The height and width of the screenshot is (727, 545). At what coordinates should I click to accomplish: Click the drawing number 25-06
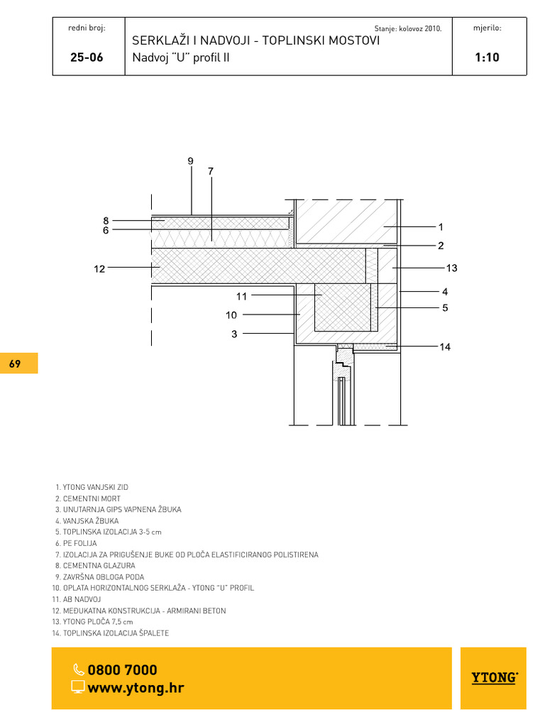pos(87,57)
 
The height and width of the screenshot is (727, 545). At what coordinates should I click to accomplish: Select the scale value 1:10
pos(487,57)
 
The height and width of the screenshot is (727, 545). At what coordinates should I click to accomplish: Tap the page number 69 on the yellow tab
pos(15,363)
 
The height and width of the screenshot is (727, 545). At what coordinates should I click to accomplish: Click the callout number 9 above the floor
pos(190,161)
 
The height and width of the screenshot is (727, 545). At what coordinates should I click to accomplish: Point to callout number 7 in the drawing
pos(211,171)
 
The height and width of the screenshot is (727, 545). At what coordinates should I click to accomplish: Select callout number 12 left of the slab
pos(99,269)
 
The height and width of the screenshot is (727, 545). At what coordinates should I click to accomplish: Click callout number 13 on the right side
pos(452,268)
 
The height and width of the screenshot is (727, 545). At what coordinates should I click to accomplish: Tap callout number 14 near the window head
pos(445,346)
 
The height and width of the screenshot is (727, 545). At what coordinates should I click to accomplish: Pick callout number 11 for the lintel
pos(241,296)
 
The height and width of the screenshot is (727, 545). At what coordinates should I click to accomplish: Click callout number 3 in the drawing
pos(234,334)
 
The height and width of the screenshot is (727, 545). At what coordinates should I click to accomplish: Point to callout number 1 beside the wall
pos(441,227)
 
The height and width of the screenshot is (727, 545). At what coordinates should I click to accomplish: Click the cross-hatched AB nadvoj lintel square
pos(343,307)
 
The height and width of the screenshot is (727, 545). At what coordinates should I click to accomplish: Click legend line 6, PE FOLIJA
pos(76,543)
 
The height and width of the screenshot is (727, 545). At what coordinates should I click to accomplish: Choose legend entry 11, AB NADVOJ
pos(77,599)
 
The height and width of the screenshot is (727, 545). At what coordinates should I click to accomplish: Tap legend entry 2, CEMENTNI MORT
pos(88,498)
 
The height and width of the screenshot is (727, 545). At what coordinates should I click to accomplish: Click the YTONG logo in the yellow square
pos(495,677)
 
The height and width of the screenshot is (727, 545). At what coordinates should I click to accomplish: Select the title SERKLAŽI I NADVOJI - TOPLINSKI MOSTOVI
pos(255,40)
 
